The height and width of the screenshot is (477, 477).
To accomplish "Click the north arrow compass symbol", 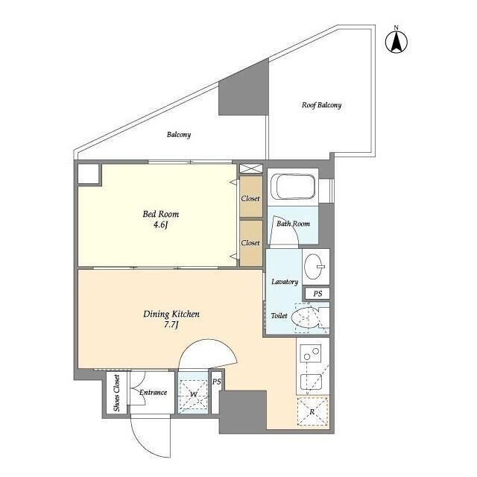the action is point(397,42).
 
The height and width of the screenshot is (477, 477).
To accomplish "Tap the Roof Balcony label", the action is point(321,105).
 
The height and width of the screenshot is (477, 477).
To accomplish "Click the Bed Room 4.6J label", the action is point(161,219).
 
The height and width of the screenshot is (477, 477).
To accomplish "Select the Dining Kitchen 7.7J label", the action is point(171,319).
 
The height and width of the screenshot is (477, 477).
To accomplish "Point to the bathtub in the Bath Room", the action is point(293,186).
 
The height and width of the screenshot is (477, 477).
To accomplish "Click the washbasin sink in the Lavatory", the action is point(315,267).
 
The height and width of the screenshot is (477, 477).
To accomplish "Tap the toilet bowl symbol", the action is point(305,318).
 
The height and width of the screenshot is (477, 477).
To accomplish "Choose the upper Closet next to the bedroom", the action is point(251,197).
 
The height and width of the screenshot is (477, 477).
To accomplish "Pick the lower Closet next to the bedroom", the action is point(251,243).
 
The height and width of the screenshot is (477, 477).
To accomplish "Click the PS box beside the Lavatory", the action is point(318,294).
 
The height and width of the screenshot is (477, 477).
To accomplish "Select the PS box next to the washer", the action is point(216,393).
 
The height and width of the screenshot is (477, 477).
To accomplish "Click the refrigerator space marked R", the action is point(312,412).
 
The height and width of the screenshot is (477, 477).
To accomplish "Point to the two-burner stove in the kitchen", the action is point(311,353).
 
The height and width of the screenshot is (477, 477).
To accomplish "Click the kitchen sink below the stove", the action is point(312,382).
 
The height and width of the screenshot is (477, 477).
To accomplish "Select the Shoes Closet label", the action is point(116,393).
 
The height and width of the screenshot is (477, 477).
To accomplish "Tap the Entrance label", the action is point(153,393).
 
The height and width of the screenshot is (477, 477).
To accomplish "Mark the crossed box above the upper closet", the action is point(250,168).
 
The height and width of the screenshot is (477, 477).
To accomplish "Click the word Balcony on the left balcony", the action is point(179,134).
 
